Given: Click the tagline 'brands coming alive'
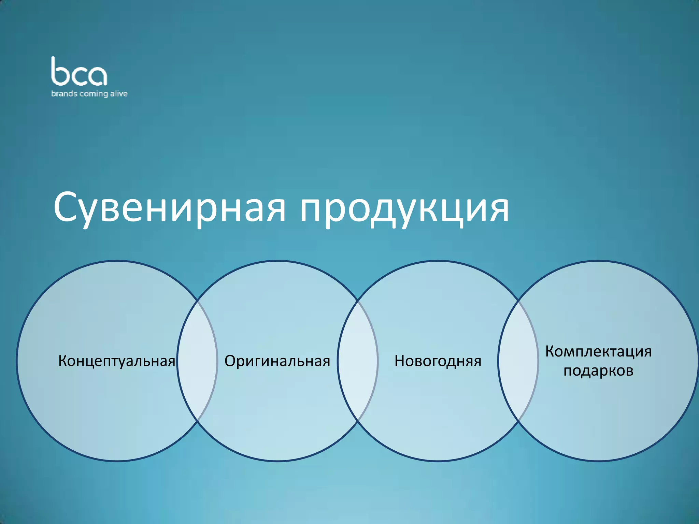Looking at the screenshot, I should tap(89, 94).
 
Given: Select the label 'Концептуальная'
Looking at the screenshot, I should tap(117, 361).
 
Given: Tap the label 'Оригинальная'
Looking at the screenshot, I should tap(277, 361).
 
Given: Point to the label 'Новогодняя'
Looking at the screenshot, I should tap(438, 361).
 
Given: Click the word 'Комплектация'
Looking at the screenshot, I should tap(598, 351).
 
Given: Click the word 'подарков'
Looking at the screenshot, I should tap(598, 370).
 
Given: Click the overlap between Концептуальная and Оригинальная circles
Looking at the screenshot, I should tap(197, 361).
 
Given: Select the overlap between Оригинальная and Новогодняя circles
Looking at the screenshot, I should tap(358, 361).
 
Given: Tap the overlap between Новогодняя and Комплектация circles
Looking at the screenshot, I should tap(518, 361).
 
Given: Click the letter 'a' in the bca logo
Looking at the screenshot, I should tap(97, 76).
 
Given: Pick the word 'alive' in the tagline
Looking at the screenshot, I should tap(119, 93).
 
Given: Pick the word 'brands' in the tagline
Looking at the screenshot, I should tap(64, 93).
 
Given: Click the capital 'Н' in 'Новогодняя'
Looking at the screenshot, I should tap(400, 361).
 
